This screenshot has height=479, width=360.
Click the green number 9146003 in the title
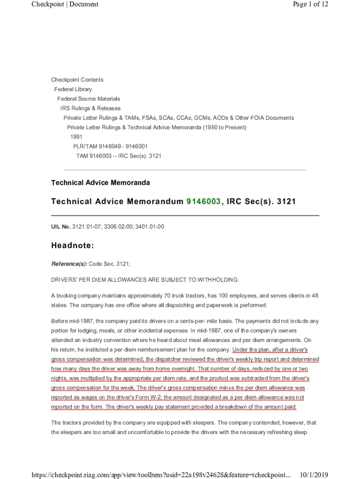[203, 202]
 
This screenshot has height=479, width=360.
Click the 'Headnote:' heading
[72, 245]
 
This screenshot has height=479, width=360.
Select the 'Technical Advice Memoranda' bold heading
[100, 183]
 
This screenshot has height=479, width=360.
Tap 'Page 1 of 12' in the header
[310, 4]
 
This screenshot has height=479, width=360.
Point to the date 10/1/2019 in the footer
[314, 475]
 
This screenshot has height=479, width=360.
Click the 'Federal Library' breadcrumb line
[73, 89]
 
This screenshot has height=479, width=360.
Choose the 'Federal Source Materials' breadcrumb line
[88, 99]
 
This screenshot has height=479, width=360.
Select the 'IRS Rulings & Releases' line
[90, 108]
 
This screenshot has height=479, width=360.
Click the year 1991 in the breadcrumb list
[76, 137]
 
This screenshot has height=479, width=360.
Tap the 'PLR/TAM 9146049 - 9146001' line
[110, 146]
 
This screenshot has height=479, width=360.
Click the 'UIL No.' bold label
[61, 227]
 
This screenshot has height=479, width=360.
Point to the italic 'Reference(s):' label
[69, 264]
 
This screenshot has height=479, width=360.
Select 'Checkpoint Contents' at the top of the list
[77, 80]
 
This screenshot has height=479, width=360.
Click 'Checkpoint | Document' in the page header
[65, 4]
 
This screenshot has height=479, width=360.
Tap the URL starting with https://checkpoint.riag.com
[161, 475]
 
